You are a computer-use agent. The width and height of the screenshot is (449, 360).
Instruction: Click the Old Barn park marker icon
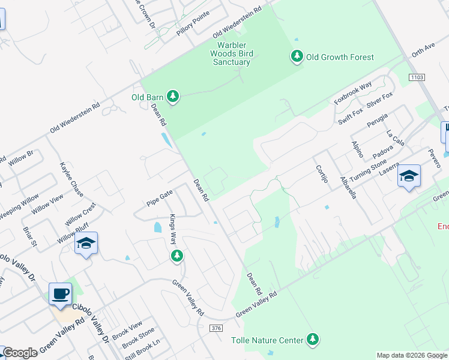tap(173, 96)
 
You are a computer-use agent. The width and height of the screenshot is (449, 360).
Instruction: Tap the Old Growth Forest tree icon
tap(297, 56)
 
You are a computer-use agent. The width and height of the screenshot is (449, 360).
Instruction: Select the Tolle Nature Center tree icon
tap(312, 340)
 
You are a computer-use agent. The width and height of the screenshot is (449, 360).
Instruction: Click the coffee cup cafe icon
tap(60, 294)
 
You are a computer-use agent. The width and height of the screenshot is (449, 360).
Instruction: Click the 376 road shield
tap(217, 328)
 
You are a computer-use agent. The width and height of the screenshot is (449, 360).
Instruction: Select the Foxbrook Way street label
tap(354, 93)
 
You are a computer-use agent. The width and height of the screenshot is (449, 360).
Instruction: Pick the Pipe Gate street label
tap(160, 198)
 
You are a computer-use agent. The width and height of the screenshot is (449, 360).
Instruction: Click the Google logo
tap(20, 353)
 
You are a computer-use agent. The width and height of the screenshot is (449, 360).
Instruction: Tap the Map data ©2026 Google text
tap(412, 355)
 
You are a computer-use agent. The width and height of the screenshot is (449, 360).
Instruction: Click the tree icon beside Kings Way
tap(176, 257)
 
